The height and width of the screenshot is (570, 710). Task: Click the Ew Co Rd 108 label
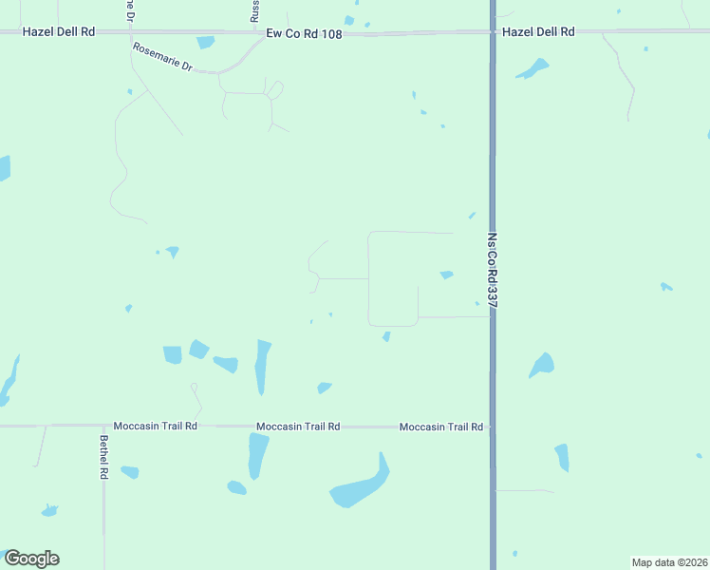tap(303, 32)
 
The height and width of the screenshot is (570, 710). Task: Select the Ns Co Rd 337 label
tap(493, 270)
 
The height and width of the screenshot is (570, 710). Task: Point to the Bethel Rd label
tap(104, 457)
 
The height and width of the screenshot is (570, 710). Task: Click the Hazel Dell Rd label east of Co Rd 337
tap(538, 31)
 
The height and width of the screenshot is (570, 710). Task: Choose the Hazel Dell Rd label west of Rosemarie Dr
tap(60, 31)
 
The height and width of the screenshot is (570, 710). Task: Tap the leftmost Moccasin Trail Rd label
tap(155, 427)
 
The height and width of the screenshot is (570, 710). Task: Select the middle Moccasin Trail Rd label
tap(298, 427)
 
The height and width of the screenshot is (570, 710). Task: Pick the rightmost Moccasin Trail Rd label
tap(441, 427)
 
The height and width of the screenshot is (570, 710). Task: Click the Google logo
tap(31, 559)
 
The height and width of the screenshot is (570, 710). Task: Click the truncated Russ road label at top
tap(254, 10)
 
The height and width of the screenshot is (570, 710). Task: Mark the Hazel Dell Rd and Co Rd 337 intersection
tap(493, 32)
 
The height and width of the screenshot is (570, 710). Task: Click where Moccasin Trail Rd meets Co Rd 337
tap(493, 427)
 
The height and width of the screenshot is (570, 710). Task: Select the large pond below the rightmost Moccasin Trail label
tap(361, 489)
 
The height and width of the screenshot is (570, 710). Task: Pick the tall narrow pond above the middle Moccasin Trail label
tap(263, 366)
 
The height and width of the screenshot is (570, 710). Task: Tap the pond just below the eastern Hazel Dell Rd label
tap(532, 69)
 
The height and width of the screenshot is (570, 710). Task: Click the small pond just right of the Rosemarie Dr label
tap(206, 42)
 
